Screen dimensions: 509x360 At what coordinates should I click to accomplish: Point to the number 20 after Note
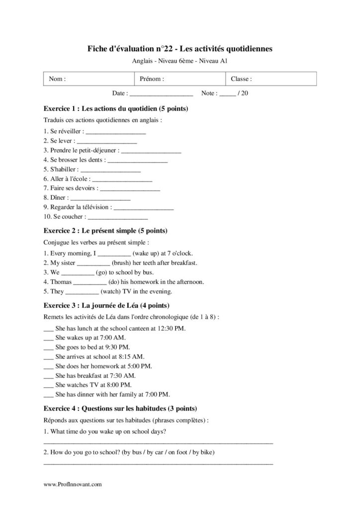tap(245, 93)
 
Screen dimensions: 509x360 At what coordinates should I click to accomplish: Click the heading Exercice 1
tap(115, 108)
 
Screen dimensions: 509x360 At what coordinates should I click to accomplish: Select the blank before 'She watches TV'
tap(48, 385)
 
